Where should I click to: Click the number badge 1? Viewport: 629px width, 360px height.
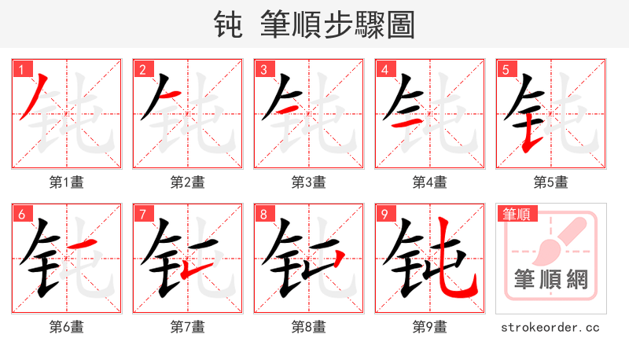pyautogui.click(x=21, y=69)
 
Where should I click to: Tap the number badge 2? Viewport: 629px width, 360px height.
pyautogui.click(x=142, y=69)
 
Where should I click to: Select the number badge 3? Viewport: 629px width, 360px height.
pyautogui.click(x=263, y=69)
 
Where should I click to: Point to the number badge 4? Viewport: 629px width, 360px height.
pyautogui.click(x=384, y=69)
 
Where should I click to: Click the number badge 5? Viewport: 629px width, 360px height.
pyautogui.click(x=506, y=69)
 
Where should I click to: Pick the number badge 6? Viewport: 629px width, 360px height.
pyautogui.click(x=21, y=214)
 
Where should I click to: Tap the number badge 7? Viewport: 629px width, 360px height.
pyautogui.click(x=142, y=214)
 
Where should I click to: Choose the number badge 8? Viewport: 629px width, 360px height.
pyautogui.click(x=263, y=214)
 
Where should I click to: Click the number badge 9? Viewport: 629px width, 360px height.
pyautogui.click(x=384, y=214)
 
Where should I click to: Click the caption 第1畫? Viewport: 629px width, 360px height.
pyautogui.click(x=67, y=182)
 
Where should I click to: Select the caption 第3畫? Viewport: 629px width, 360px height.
pyautogui.click(x=309, y=182)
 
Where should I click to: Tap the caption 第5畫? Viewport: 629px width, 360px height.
pyautogui.click(x=551, y=182)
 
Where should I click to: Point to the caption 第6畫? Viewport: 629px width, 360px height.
pyautogui.click(x=67, y=326)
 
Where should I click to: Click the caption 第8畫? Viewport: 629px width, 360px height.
pyautogui.click(x=309, y=326)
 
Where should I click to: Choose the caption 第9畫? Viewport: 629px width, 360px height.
pyautogui.click(x=430, y=326)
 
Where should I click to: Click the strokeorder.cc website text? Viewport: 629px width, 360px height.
pyautogui.click(x=551, y=326)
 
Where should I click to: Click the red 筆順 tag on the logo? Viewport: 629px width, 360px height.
pyautogui.click(x=517, y=214)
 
